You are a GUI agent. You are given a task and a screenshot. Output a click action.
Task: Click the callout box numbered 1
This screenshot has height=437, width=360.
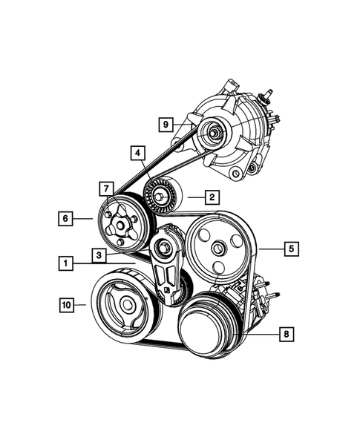click(x=67, y=263)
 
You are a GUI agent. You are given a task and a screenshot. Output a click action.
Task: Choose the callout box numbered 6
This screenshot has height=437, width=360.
click(x=67, y=219)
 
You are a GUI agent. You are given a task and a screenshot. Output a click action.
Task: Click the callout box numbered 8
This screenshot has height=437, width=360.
click(x=284, y=335)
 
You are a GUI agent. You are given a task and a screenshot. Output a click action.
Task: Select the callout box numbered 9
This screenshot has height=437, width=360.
click(x=167, y=125)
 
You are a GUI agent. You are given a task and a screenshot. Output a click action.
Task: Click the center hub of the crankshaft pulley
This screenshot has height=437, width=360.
click(x=128, y=303)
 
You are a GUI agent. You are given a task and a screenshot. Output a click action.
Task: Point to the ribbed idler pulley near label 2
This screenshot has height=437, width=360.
click(x=163, y=196)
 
